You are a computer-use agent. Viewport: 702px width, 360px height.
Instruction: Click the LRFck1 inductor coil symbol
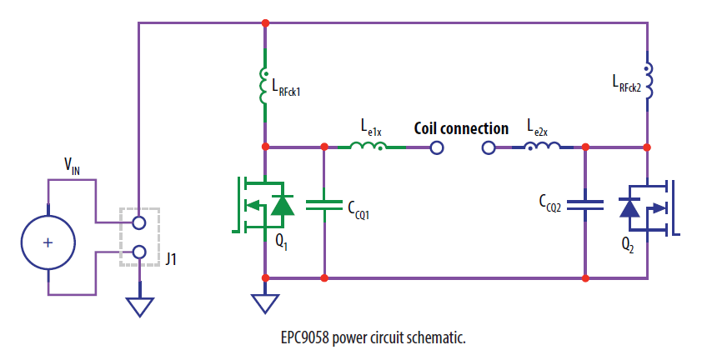(x=265, y=83)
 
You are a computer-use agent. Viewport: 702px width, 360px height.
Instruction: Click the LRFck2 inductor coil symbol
(x=648, y=77)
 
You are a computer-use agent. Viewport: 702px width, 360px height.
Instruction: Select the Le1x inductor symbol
(x=368, y=147)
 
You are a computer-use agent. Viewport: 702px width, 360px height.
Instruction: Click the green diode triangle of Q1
(x=283, y=204)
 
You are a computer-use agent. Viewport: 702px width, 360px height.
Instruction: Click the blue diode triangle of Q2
(x=629, y=206)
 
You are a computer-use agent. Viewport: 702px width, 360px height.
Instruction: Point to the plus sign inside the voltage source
(x=48, y=242)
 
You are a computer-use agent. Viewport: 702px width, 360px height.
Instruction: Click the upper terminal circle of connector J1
(x=139, y=222)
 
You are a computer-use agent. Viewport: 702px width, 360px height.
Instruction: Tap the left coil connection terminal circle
(x=435, y=148)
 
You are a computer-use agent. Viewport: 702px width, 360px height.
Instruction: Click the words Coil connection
(x=461, y=128)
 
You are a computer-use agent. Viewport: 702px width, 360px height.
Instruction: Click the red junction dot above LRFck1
(x=265, y=22)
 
